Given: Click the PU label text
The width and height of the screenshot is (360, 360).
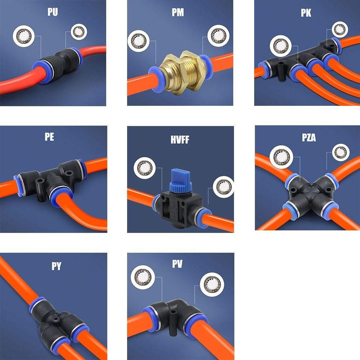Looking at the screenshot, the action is (53, 12).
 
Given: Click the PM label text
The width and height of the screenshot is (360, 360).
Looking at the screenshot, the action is (178, 12).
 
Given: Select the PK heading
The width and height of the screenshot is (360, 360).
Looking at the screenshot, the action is (306, 13).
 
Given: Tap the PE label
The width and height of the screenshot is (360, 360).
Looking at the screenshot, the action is (49, 136).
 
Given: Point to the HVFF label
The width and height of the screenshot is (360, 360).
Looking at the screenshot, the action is (180, 140).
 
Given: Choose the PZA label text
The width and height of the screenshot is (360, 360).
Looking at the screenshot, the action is (309, 138).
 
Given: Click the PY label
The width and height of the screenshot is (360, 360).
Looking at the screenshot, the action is (56, 266).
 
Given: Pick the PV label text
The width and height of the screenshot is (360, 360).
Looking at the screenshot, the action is (177, 264).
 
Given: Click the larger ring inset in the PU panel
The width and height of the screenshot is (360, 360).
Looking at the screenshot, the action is (24, 36).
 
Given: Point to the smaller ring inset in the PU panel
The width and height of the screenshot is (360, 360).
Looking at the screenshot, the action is (79, 32).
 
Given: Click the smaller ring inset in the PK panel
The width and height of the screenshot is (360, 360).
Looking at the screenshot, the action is (340, 30).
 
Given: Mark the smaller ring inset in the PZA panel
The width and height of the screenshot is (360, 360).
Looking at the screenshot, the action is (341, 152).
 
